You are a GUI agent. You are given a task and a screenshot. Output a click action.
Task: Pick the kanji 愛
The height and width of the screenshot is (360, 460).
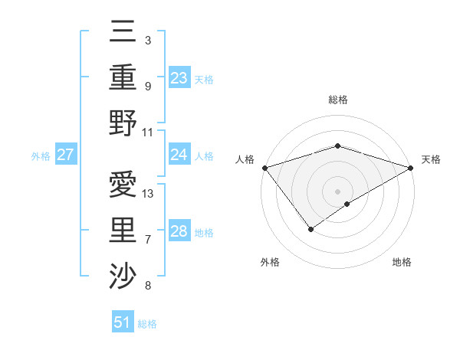123,184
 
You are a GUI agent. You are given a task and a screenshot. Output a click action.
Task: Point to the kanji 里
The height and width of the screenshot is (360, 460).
123,229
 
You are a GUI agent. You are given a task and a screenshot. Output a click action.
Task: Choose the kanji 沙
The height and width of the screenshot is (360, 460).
123,274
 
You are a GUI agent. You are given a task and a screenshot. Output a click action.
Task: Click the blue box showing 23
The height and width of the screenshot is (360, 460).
179,77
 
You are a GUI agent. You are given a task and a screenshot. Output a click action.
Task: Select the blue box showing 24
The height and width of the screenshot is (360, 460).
179,155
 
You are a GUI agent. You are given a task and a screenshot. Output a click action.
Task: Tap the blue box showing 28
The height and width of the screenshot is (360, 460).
179,231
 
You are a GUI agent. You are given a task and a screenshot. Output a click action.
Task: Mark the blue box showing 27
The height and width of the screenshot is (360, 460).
65,155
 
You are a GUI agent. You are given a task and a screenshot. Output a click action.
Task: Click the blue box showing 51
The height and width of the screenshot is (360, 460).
123,322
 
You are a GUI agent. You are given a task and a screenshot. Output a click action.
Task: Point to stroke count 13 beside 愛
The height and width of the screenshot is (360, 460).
149,193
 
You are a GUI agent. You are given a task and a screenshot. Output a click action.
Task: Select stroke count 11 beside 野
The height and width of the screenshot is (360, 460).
149,131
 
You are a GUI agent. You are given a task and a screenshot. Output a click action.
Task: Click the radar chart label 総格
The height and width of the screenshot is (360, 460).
337,100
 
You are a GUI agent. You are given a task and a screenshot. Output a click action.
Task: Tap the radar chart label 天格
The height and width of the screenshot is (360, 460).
432,159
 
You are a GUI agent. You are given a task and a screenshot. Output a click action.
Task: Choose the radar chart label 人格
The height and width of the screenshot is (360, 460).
245,159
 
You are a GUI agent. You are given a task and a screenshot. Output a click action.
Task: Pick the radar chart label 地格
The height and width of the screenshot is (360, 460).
402,262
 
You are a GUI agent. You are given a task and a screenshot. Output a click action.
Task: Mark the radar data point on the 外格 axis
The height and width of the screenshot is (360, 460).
311,228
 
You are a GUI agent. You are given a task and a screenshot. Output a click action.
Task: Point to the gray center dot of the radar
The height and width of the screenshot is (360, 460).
337,191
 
